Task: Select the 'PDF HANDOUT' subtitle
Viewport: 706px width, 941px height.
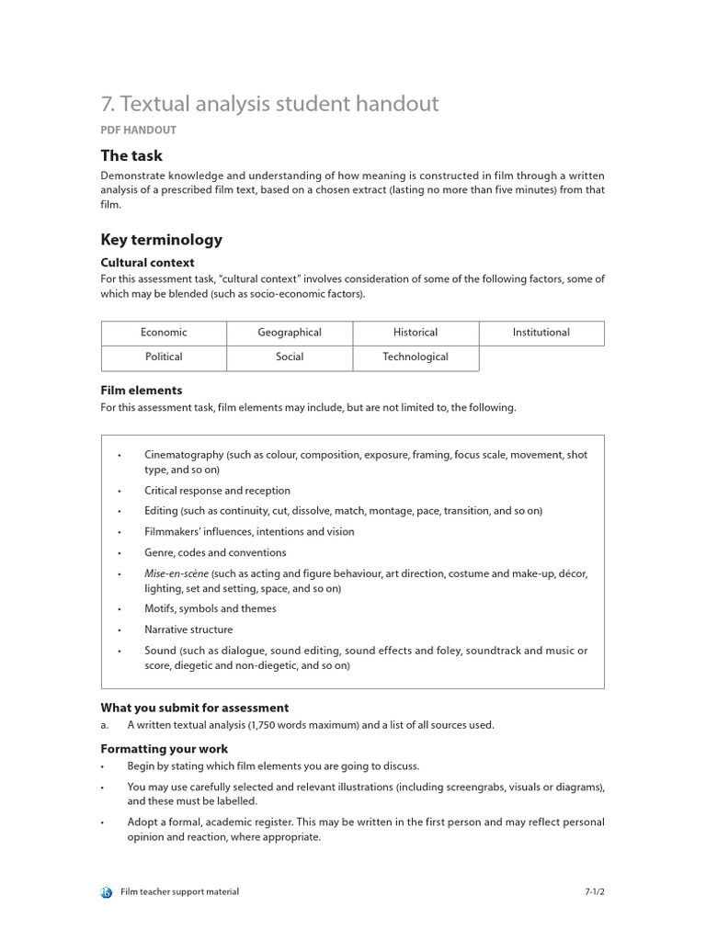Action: [138, 130]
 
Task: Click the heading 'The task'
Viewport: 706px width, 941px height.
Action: [131, 155]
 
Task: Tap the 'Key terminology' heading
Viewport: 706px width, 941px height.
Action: [161, 240]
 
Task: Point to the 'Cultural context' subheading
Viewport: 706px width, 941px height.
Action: [147, 263]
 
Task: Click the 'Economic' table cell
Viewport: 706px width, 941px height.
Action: [164, 333]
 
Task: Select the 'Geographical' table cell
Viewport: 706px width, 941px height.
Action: [290, 333]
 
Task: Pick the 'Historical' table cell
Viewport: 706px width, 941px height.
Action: [416, 333]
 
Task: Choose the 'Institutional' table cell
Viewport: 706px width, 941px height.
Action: [541, 333]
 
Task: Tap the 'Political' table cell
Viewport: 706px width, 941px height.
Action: [164, 357]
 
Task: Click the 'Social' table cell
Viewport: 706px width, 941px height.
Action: [290, 357]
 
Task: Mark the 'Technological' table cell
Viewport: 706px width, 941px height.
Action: [416, 357]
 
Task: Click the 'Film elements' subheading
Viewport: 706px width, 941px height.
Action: [141, 391]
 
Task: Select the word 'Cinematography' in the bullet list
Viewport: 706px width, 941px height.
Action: [184, 455]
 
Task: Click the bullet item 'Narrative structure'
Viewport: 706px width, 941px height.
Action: [188, 629]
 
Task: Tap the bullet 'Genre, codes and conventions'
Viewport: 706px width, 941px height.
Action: [215, 552]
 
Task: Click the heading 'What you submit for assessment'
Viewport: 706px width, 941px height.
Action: [194, 708]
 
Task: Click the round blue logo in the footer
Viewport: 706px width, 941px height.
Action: [107, 892]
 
